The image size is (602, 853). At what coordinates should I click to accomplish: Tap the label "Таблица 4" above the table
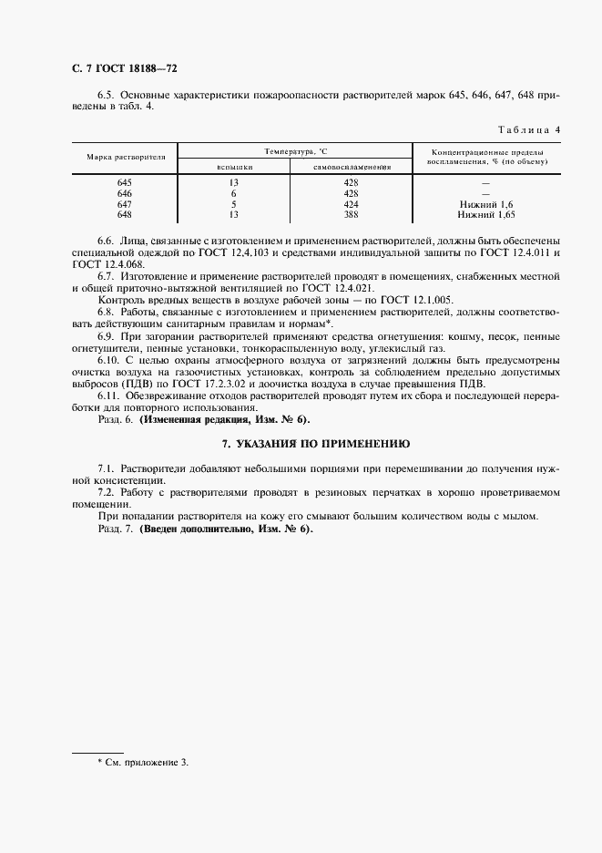528,129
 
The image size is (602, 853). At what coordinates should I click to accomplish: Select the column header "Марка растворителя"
126,157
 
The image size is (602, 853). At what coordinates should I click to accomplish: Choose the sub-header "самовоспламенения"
352,167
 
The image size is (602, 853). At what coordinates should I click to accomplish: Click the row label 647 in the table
126,205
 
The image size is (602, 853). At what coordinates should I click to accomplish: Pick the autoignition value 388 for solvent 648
352,215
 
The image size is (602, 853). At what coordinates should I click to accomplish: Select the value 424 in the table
352,205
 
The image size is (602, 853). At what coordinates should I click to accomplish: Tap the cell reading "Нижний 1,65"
486,215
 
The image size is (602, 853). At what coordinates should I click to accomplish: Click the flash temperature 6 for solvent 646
234,194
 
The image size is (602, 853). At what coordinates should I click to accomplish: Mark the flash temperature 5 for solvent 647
234,205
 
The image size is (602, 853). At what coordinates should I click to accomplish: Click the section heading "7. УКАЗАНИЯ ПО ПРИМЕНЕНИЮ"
316,443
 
